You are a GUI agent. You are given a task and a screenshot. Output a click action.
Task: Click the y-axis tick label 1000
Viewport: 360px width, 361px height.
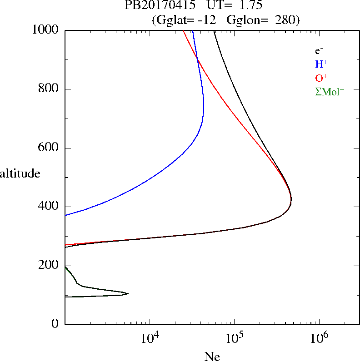45,30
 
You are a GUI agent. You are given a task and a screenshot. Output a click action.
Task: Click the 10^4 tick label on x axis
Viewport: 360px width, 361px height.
150,338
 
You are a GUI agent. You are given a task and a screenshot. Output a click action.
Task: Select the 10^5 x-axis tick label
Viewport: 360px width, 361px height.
234,338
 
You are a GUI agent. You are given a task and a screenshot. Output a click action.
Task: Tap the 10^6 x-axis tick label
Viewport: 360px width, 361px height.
319,338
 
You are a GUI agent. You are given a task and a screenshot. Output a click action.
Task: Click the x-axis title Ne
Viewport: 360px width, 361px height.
212,356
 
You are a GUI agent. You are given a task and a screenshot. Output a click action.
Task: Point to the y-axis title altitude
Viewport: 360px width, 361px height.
20,173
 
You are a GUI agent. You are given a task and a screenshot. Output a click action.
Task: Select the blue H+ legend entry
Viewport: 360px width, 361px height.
321,64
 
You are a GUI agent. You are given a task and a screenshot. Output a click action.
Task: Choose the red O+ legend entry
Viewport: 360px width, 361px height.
321,78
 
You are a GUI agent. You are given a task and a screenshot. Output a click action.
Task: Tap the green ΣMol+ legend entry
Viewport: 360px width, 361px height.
330,91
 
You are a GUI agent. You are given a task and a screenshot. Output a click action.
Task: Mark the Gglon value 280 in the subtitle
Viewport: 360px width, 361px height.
285,20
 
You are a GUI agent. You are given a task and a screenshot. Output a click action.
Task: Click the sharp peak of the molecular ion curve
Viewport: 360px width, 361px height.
129,294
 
